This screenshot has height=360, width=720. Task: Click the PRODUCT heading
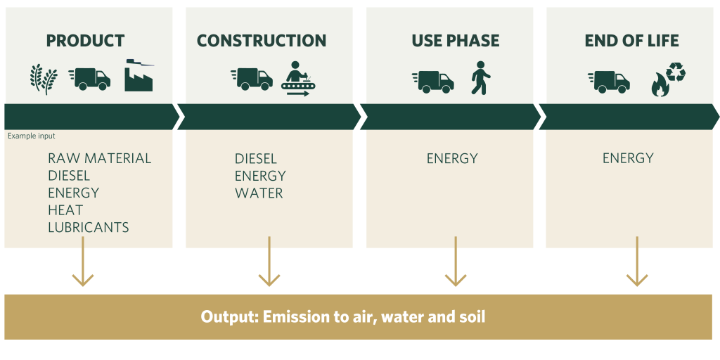click(x=85, y=41)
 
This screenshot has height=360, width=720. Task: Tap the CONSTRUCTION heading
click(x=262, y=41)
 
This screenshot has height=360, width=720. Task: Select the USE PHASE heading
click(x=456, y=41)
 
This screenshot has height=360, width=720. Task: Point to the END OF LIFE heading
click(x=632, y=41)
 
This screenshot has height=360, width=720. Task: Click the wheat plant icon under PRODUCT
click(x=43, y=78)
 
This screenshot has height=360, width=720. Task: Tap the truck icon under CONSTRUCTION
click(x=251, y=78)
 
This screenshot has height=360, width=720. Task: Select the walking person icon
click(x=481, y=77)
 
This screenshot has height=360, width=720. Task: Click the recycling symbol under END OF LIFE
click(x=676, y=72)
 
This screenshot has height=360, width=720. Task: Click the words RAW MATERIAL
click(x=99, y=158)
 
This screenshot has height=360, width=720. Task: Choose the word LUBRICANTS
click(x=89, y=227)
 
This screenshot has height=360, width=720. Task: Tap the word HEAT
click(x=65, y=210)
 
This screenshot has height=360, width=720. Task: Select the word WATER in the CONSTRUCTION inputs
click(x=259, y=193)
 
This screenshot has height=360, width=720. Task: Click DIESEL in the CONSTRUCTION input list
click(x=256, y=159)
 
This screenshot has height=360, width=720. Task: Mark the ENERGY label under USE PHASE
click(x=452, y=158)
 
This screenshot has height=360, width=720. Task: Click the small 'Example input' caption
click(x=31, y=136)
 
